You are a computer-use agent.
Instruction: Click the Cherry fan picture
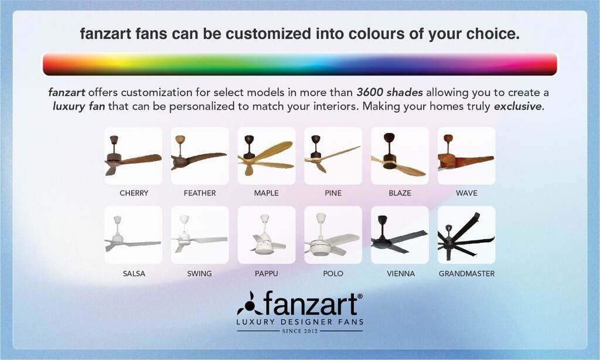tap(133, 156)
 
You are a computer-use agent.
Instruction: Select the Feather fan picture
tap(200, 156)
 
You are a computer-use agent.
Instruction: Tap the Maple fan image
tap(267, 156)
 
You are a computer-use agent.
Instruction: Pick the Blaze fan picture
tap(400, 156)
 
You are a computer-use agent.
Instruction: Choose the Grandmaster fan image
tap(466, 235)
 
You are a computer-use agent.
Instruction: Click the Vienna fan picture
tap(400, 235)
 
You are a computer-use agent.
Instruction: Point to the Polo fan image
tap(333, 235)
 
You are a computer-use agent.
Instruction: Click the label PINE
tap(333, 193)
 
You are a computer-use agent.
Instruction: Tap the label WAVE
tap(466, 193)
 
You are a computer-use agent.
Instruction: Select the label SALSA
tap(134, 273)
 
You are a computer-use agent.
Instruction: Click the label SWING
tap(199, 273)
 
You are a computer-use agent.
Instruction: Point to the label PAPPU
tap(267, 273)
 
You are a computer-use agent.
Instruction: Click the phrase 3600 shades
tap(390, 92)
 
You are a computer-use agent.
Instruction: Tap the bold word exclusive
tap(519, 106)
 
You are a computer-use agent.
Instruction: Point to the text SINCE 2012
tap(300, 331)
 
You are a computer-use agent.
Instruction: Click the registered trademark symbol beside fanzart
tap(360, 296)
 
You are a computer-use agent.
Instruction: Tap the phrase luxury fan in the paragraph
tap(79, 106)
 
